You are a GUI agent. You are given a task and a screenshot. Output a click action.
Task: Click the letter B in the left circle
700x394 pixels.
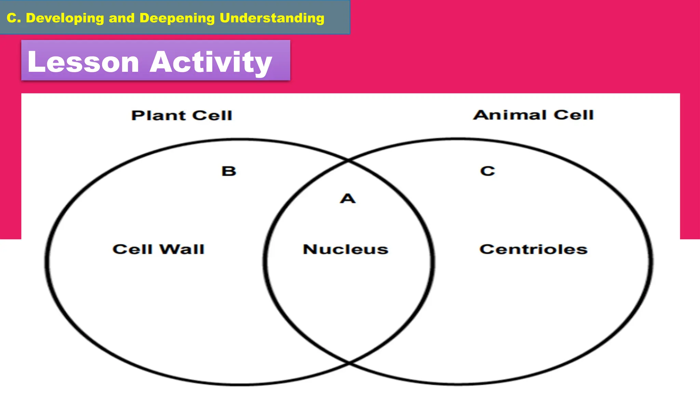tap(229, 171)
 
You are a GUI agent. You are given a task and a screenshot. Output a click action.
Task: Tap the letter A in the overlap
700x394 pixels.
tap(348, 199)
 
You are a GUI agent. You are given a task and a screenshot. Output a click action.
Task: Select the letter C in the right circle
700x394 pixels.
tap(487, 171)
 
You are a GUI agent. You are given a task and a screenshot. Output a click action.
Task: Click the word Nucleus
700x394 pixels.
tap(346, 249)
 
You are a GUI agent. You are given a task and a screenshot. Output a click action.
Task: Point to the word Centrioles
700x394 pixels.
tap(533, 249)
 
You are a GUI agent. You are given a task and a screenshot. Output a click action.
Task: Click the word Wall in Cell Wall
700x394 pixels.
tap(182, 249)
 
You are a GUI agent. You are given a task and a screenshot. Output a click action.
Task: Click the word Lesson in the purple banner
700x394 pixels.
tap(83, 62)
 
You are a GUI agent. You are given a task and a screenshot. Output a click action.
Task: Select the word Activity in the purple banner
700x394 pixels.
tap(211, 62)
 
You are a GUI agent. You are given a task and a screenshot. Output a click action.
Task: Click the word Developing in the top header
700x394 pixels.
tap(65, 18)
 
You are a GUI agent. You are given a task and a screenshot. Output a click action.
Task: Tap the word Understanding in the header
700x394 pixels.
tap(272, 18)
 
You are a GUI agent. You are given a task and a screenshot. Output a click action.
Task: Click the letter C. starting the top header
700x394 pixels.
tap(14, 18)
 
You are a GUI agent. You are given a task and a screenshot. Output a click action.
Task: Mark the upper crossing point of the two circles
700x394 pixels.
tap(348, 160)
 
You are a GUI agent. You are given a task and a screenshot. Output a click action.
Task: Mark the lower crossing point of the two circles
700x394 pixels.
tap(349, 362)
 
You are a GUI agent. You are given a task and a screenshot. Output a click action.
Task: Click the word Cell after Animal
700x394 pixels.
tap(574, 115)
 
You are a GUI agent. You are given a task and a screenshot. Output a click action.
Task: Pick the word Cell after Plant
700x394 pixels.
tap(212, 116)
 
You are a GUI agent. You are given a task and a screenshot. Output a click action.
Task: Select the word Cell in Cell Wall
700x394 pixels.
tap(132, 249)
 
